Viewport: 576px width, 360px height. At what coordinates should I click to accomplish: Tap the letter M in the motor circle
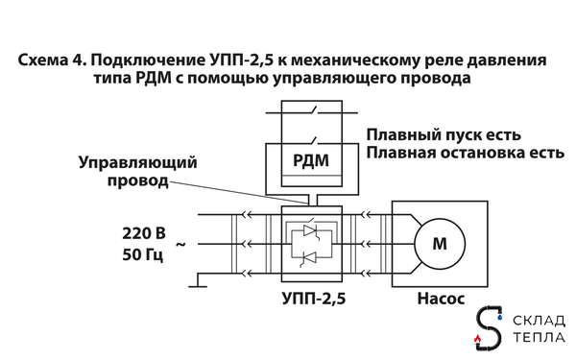coord(441,244)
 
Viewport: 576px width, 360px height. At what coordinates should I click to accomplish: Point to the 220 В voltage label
coord(145,234)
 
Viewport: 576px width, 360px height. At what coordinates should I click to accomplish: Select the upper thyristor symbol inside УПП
coord(308,231)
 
